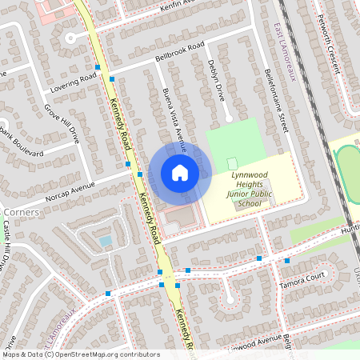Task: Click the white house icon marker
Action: coord(180,172)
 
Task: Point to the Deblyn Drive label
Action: coord(216,79)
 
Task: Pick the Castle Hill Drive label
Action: coord(8,240)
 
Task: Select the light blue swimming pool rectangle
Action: coord(105,240)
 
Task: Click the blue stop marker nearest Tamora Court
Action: coord(286,260)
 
